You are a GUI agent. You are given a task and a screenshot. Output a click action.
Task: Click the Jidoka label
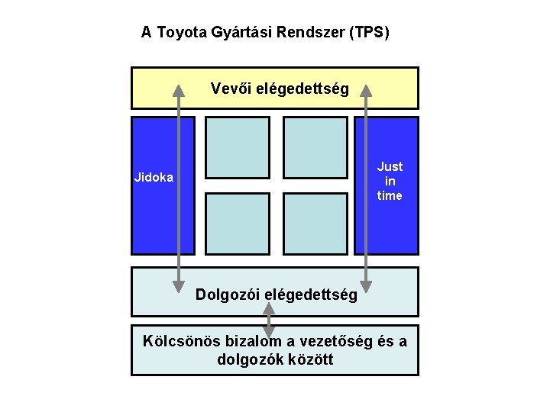pos(154,178)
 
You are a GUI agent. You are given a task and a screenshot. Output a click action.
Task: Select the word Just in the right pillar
pos(390,166)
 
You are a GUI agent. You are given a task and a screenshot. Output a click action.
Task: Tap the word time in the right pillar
pos(390,195)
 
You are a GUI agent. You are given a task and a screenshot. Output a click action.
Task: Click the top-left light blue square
pos(238,147)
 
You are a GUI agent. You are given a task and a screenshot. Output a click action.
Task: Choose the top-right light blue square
pos(315,147)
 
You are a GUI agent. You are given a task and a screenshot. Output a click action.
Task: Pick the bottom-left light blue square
pos(238,224)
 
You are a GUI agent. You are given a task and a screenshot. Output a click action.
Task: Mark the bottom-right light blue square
pos(315,224)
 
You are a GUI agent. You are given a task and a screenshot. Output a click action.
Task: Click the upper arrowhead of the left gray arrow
pos(179,89)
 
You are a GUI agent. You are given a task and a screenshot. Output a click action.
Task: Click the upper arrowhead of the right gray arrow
pos(366,89)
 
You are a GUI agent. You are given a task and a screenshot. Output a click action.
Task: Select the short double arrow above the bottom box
pos(269,320)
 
